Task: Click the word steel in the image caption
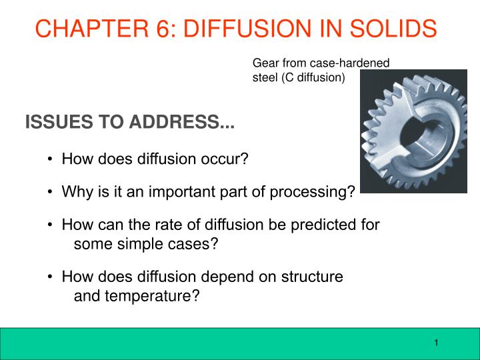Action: [264, 77]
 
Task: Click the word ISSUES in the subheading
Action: [54, 123]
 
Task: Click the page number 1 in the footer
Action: [435, 343]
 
